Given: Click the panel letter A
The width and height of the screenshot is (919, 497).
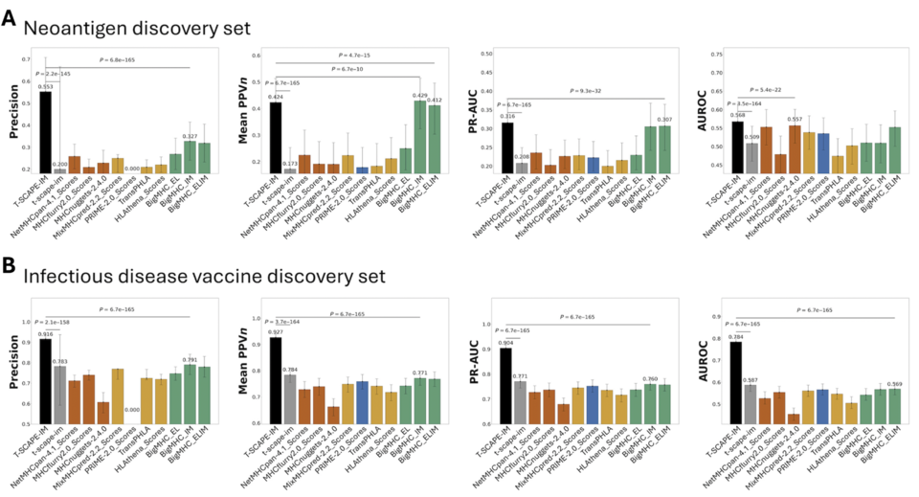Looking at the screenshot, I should (9, 18).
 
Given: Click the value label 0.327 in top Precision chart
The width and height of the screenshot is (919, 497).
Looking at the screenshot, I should (189, 136).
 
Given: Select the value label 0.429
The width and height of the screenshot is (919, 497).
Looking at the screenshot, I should (418, 96).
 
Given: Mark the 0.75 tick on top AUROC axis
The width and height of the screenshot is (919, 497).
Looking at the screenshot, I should (711, 55).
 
